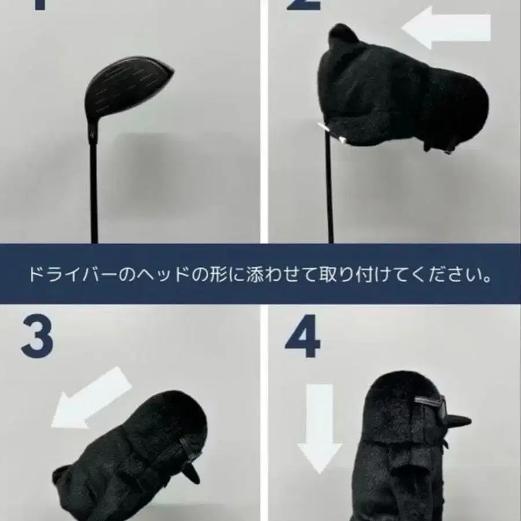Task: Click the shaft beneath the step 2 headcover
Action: point(331,191)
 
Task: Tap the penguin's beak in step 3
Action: point(191,472)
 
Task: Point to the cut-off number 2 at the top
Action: point(303,5)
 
